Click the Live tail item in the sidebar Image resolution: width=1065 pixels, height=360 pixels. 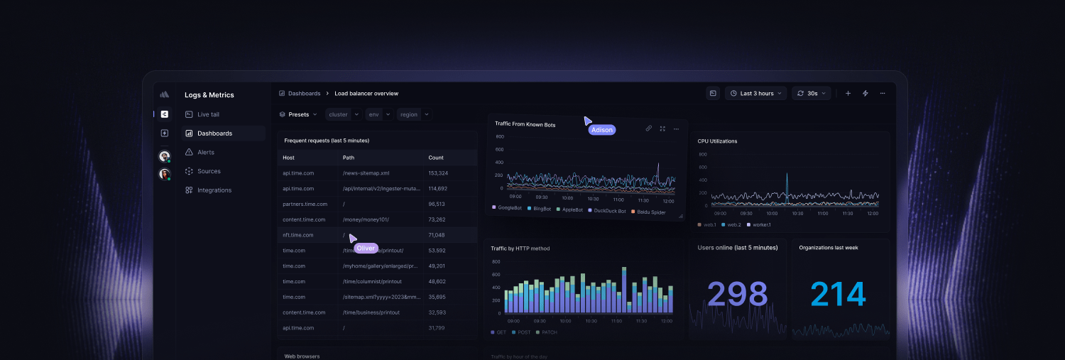click(x=207, y=114)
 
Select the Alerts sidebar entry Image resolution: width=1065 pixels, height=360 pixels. click(x=205, y=152)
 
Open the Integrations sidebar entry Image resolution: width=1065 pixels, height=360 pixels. click(x=214, y=190)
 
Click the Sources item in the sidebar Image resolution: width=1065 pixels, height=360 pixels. click(x=208, y=171)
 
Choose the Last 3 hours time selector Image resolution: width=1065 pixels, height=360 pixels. click(x=756, y=93)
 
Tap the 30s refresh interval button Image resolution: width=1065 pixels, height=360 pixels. click(x=812, y=93)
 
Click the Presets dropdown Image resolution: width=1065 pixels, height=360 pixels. click(x=298, y=114)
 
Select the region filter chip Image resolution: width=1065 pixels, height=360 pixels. click(x=409, y=114)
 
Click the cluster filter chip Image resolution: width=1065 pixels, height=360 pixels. click(x=338, y=114)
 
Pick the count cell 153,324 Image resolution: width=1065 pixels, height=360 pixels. click(x=438, y=173)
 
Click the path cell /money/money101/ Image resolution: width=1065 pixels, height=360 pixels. click(x=366, y=219)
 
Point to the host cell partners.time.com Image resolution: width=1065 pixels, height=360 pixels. click(x=303, y=204)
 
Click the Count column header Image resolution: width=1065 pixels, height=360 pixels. click(x=436, y=158)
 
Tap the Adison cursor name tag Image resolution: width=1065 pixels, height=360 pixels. click(x=601, y=130)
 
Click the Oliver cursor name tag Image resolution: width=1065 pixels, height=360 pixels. click(x=366, y=248)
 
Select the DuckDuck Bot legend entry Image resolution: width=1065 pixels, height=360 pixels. click(x=609, y=211)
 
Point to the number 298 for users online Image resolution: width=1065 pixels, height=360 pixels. click(x=738, y=294)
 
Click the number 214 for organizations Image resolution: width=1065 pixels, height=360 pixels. click(x=839, y=294)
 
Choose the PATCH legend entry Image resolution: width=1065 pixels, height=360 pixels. click(x=550, y=332)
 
